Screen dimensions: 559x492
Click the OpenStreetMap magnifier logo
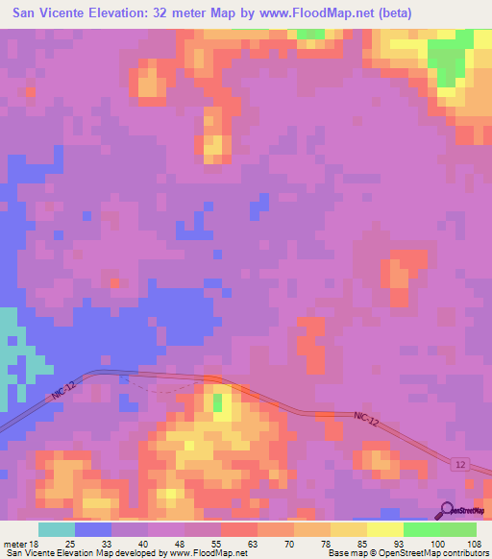pyautogui.click(x=447, y=510)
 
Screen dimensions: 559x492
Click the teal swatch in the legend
pyautogui.click(x=57, y=529)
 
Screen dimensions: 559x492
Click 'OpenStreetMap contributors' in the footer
pyautogui.click(x=437, y=553)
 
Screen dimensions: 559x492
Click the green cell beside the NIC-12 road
pyautogui.click(x=218, y=401)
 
